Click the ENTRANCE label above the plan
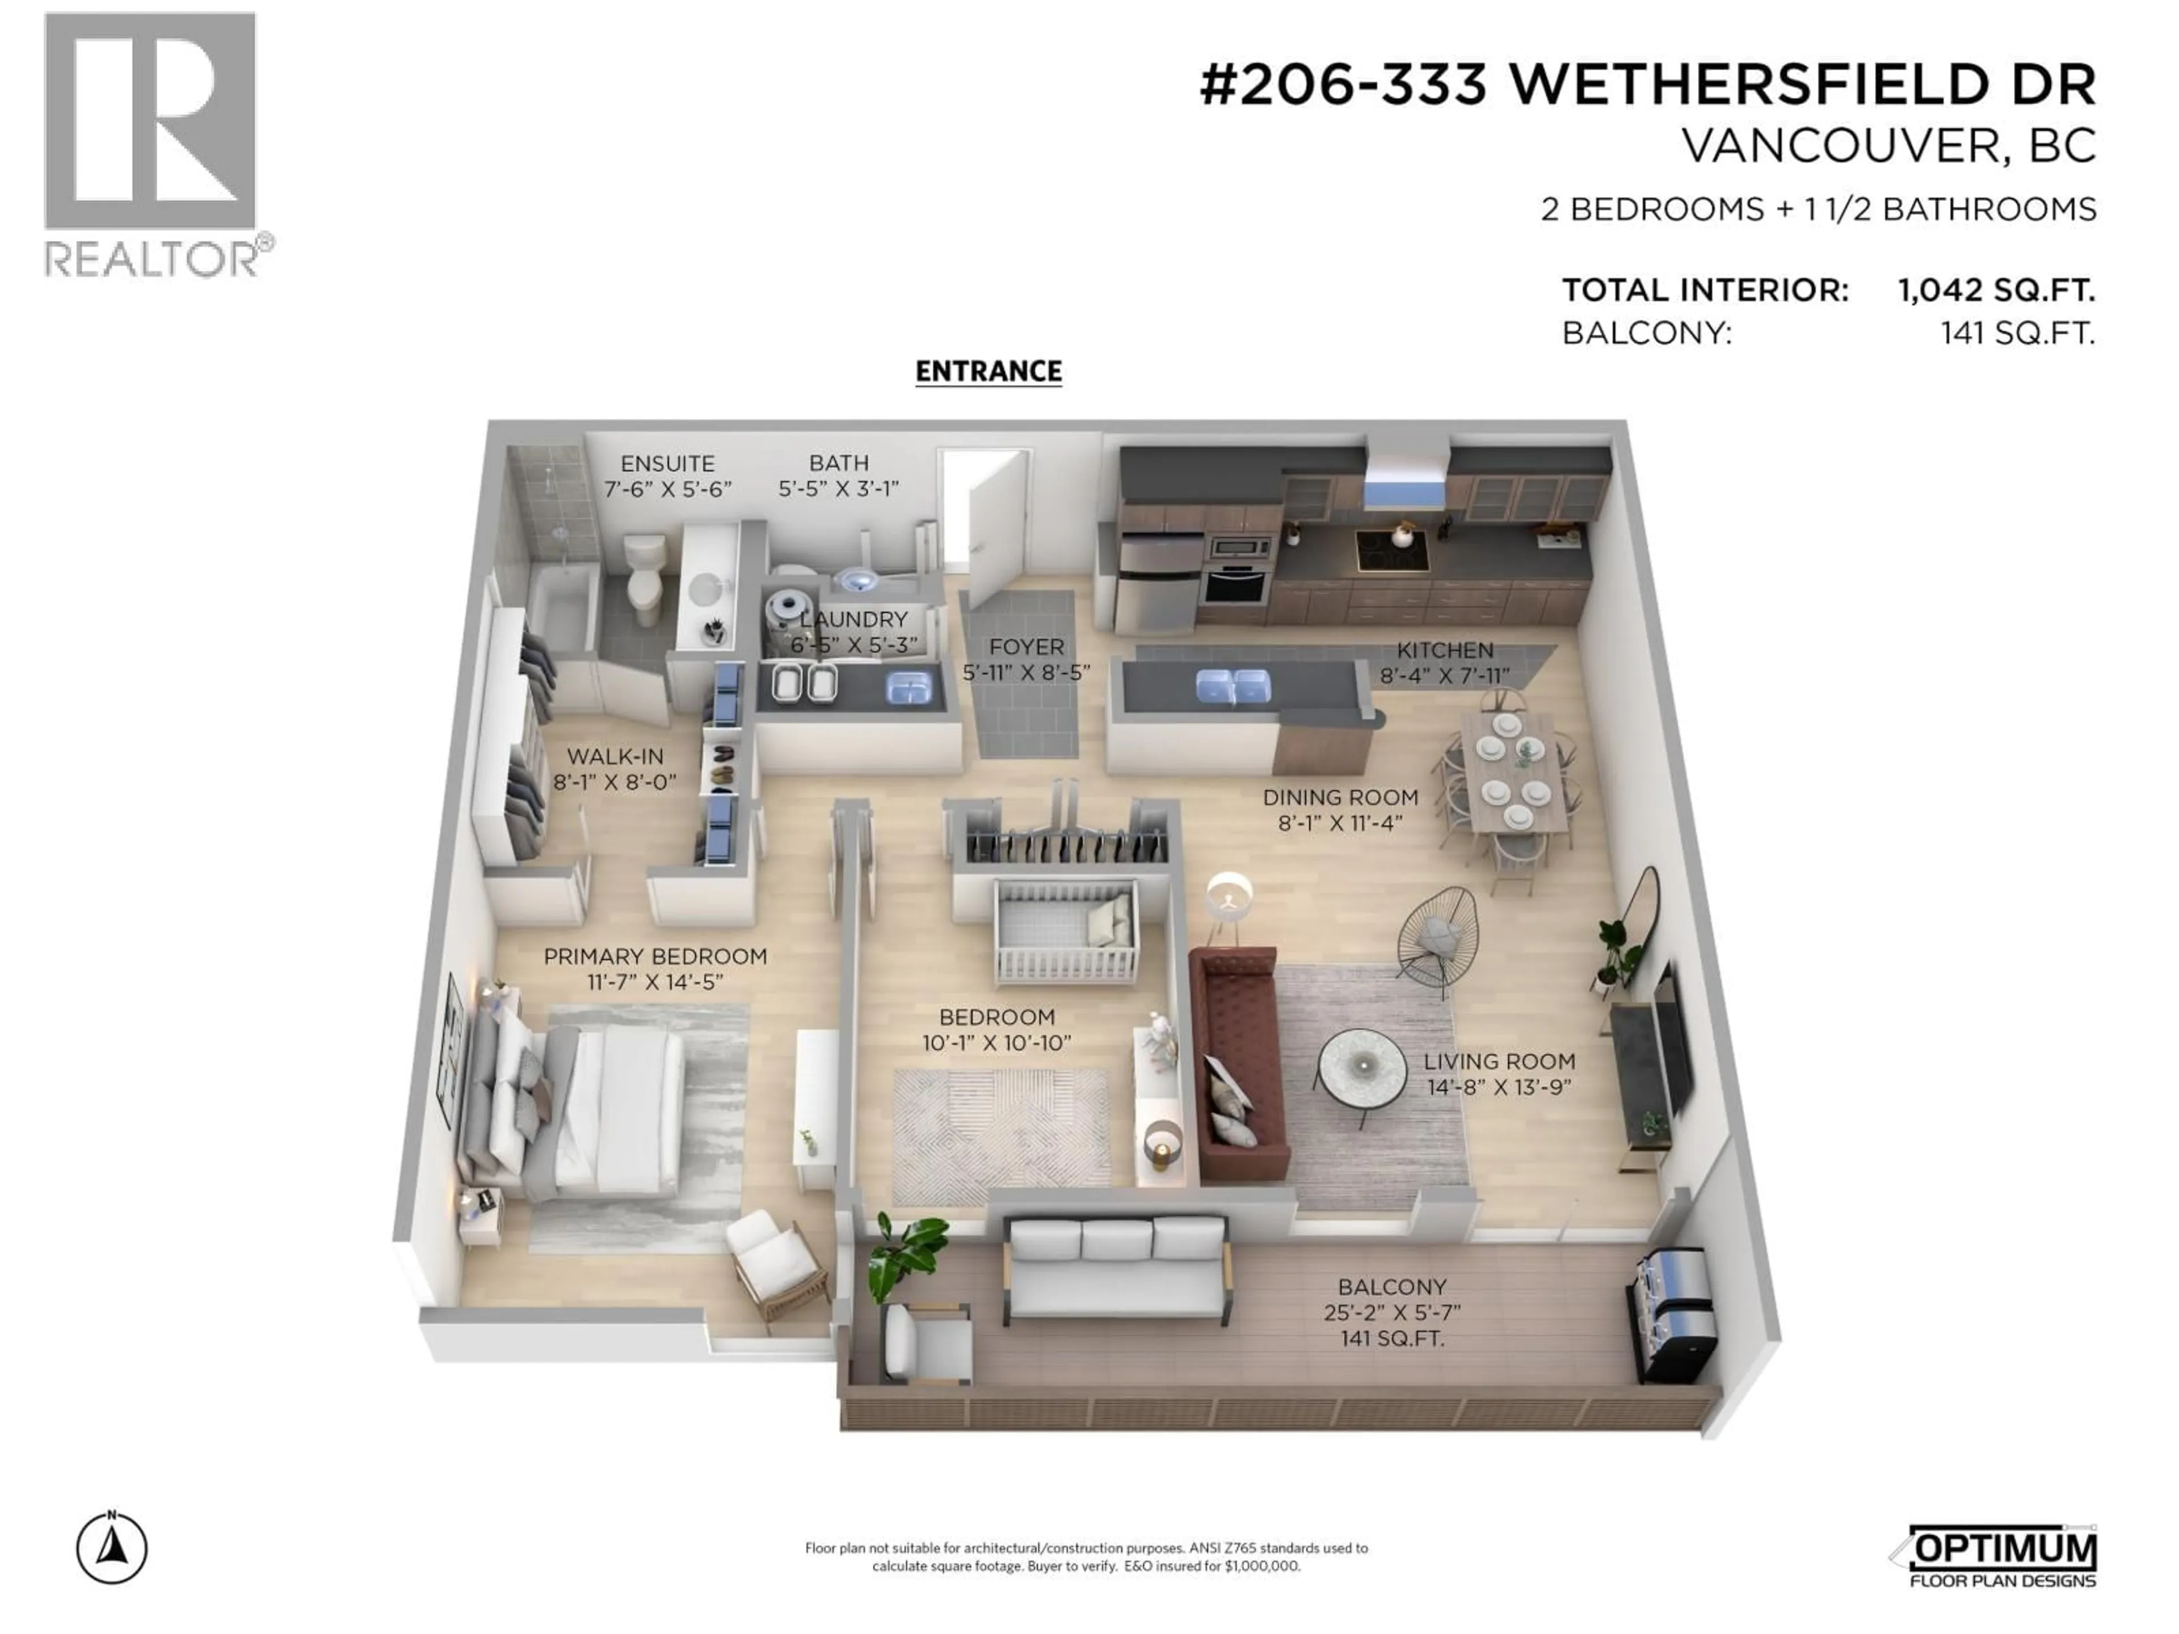[x=988, y=371]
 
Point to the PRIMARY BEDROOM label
[x=655, y=957]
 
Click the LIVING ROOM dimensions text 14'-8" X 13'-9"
[x=1498, y=1086]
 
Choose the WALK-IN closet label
[x=615, y=756]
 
